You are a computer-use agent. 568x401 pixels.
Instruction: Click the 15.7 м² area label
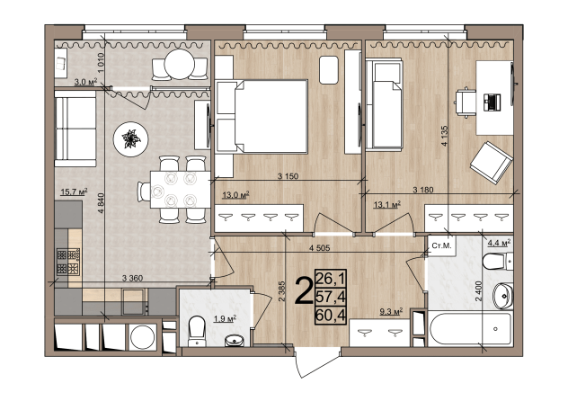(x=74, y=192)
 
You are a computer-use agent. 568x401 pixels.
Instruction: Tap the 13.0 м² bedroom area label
(x=235, y=195)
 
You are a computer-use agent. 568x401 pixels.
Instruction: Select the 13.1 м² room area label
(x=386, y=205)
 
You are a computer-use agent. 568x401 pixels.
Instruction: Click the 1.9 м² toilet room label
(x=225, y=319)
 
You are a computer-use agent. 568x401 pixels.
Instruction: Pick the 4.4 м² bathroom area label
(x=499, y=243)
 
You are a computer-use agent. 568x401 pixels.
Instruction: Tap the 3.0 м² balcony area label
(x=85, y=82)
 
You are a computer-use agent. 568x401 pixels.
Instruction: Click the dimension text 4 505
(x=320, y=248)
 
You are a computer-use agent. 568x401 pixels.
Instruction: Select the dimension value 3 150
(x=288, y=176)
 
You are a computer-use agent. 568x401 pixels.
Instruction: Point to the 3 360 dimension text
(x=133, y=278)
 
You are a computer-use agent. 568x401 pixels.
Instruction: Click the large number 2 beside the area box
(x=305, y=290)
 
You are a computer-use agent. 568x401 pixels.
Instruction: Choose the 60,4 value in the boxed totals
(x=331, y=315)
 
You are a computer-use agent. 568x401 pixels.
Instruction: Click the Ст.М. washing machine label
(x=441, y=245)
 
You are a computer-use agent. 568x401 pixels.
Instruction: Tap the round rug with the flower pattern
(x=131, y=139)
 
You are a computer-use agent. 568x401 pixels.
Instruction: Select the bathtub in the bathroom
(x=471, y=330)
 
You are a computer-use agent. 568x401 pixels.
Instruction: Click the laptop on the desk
(x=492, y=102)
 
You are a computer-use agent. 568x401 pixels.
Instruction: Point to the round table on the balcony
(x=180, y=64)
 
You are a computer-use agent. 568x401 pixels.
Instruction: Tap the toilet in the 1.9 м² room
(x=198, y=331)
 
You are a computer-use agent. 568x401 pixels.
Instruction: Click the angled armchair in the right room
(x=492, y=163)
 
